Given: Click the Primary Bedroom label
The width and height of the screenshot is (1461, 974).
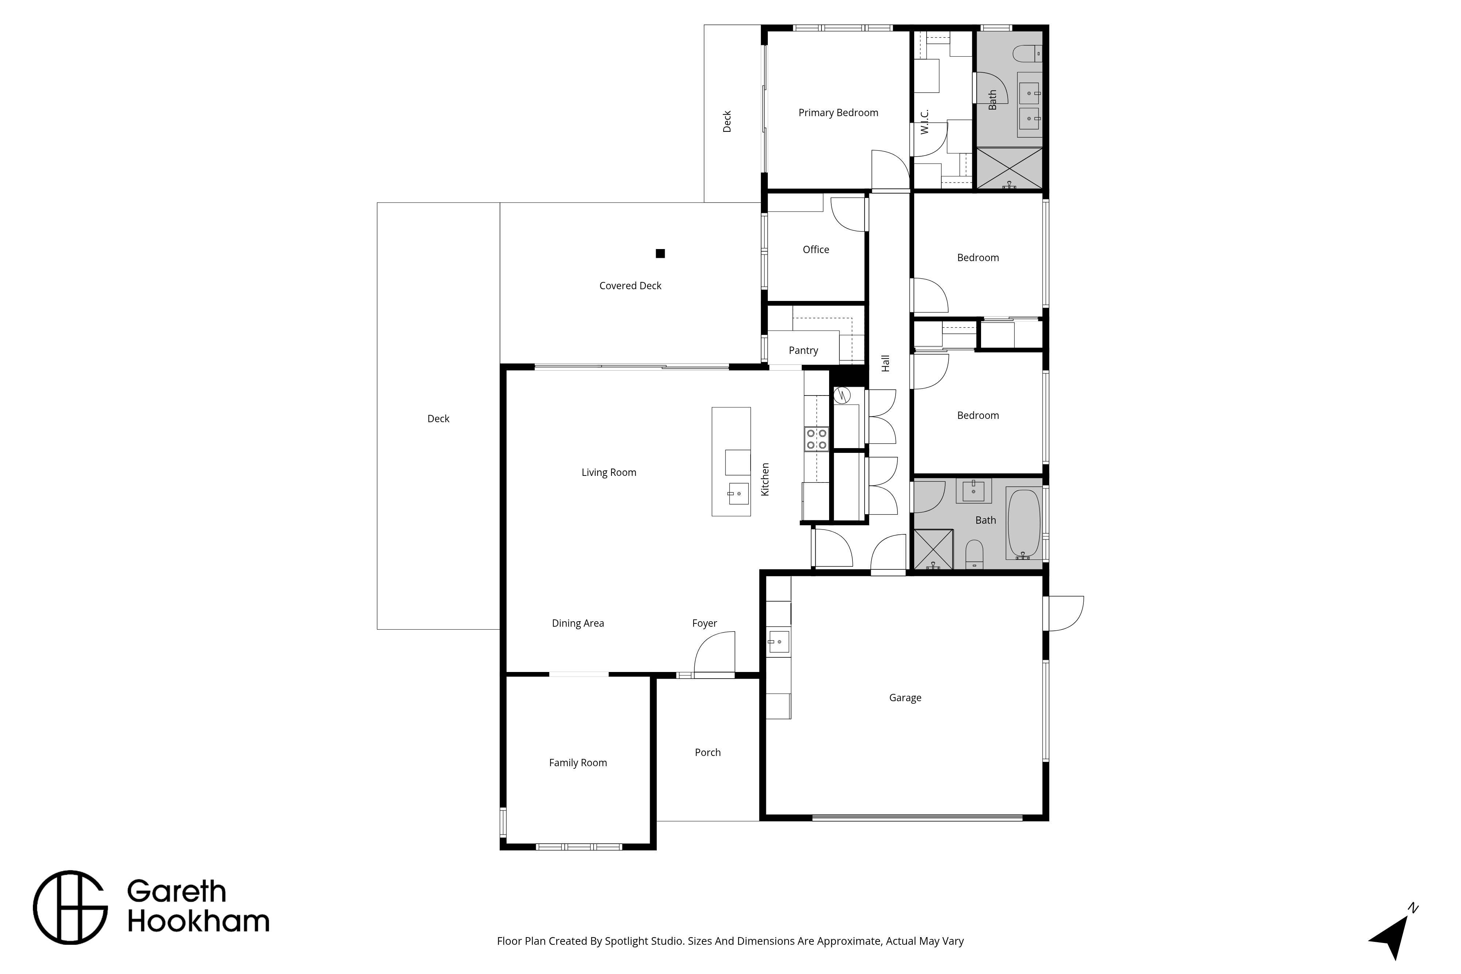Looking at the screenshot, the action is tap(838, 112).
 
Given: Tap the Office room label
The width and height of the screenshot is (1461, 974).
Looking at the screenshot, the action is tap(816, 249).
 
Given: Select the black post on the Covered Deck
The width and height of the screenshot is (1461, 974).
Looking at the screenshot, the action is tap(660, 253).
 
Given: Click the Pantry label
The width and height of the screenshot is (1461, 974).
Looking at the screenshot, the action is tap(803, 350).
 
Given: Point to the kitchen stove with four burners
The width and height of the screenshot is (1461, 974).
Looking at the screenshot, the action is tap(816, 439).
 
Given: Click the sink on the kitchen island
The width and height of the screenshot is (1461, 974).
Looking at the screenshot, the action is tap(739, 493).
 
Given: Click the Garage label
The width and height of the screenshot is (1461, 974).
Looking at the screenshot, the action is tap(905, 698).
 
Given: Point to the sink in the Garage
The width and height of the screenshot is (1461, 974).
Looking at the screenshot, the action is tap(778, 641).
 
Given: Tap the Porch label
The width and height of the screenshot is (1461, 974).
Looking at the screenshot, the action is tap(707, 752).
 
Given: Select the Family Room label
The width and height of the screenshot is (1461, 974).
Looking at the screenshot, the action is tap(578, 763).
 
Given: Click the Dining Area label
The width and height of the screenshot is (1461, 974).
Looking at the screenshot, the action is tap(578, 623).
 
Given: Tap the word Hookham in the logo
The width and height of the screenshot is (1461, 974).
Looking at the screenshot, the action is tap(198, 922).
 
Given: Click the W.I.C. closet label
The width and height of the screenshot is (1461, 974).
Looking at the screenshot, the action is tap(924, 122).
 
